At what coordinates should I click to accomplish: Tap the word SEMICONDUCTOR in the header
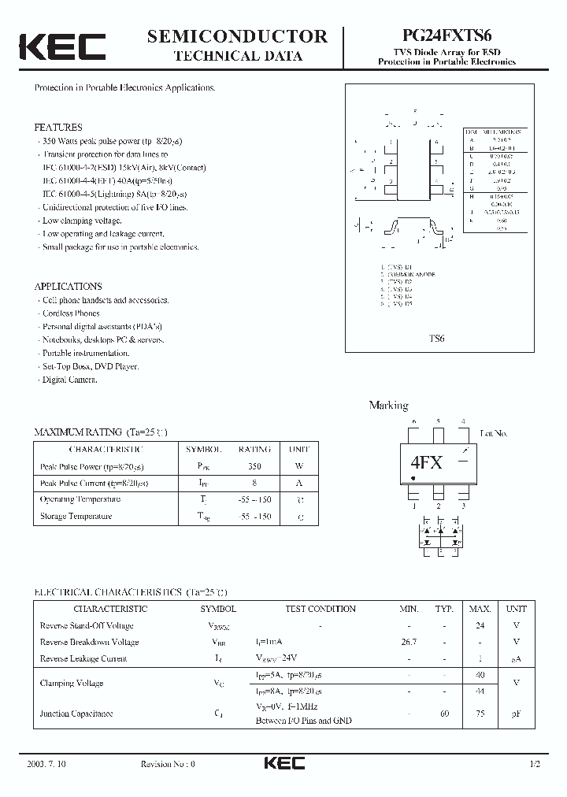click(237, 35)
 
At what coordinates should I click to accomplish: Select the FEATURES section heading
click(57, 127)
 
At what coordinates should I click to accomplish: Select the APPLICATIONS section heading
click(68, 287)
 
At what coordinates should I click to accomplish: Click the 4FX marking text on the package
click(426, 463)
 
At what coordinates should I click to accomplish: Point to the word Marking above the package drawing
click(388, 406)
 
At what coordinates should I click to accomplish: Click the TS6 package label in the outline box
click(437, 338)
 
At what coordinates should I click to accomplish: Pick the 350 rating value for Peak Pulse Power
click(254, 466)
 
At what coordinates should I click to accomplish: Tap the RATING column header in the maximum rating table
click(254, 449)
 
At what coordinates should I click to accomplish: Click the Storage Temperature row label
click(76, 517)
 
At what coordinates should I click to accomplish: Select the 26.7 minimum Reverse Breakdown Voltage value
click(409, 642)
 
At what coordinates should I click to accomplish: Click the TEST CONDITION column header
click(320, 609)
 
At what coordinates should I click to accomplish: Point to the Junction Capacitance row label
click(76, 714)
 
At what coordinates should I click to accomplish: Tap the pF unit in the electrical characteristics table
click(516, 714)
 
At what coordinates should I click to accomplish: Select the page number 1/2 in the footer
click(536, 765)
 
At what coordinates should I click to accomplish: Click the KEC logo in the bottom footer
click(283, 764)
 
